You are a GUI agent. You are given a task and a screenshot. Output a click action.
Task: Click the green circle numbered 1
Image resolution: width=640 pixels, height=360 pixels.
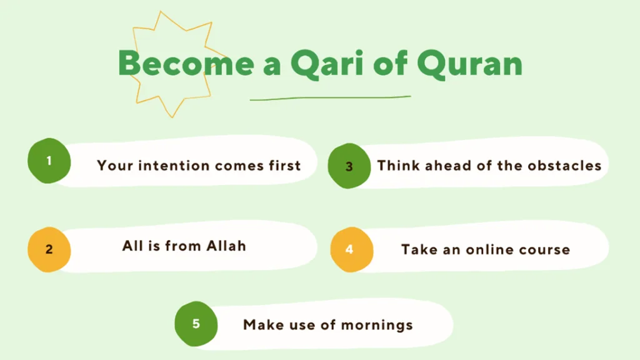tap(49, 161)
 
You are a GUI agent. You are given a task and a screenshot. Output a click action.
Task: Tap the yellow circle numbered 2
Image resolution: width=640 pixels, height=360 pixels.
tap(49, 249)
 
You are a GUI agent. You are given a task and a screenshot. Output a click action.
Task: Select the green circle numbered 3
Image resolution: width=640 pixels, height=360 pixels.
tap(349, 166)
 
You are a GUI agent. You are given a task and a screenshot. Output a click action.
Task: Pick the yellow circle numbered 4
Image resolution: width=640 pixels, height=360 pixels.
tap(351, 249)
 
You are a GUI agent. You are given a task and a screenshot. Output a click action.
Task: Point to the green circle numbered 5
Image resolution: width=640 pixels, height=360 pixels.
tap(196, 324)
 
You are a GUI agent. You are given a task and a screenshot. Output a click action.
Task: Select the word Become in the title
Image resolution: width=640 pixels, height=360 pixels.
tap(186, 63)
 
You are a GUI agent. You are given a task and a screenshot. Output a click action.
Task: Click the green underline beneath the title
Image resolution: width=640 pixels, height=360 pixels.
tap(330, 98)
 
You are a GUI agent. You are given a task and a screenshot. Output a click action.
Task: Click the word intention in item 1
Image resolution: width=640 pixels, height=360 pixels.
tap(174, 165)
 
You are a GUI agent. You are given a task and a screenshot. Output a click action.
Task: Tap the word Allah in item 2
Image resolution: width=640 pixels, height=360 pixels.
tap(226, 246)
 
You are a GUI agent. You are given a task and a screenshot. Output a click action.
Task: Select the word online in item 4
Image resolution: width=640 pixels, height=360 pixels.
tap(489, 249)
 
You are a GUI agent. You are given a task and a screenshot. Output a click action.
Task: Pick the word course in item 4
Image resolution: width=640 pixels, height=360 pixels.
tap(544, 250)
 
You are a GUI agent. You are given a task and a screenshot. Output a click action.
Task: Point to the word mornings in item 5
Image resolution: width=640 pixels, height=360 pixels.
tap(377, 325)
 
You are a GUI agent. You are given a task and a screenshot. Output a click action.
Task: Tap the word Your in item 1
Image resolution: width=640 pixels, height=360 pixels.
tap(115, 165)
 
